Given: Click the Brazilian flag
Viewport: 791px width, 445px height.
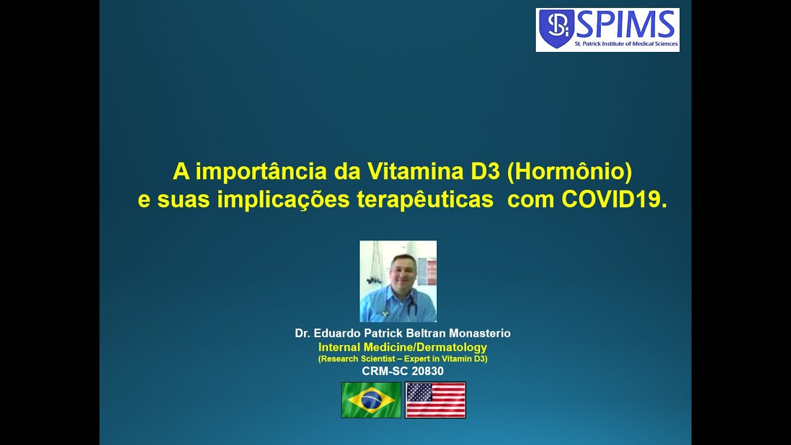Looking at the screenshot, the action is coord(371,400).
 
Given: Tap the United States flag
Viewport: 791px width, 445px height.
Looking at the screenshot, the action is coord(436,400).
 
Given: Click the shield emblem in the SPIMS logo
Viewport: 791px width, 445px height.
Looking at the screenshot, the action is coord(556,28).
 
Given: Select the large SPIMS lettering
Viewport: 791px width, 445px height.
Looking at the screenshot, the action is coord(625,24).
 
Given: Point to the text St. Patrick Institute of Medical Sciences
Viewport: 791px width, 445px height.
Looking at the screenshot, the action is coord(627,44).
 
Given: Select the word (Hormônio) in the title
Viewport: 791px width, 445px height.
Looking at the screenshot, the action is coord(569,172).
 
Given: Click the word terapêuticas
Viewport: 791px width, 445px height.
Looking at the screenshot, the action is coord(425,200).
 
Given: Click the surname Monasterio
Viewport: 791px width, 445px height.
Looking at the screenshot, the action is coord(480,333).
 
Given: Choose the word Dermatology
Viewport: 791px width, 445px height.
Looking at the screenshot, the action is coord(452,347).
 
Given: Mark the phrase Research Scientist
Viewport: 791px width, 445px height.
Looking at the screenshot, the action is coord(358,359).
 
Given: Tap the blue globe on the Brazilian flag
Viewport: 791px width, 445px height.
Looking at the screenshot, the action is coord(371,400).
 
